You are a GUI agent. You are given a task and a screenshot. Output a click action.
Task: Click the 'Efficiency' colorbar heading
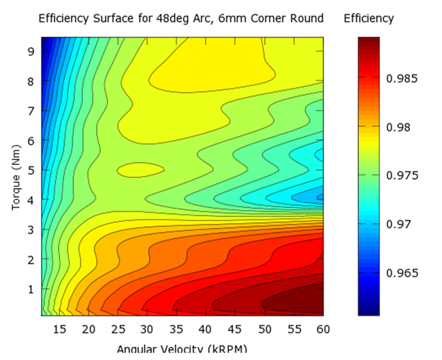[368, 18]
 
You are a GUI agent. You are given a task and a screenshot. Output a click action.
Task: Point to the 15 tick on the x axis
[60, 329]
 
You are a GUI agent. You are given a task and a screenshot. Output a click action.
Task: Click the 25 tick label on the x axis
[118, 329]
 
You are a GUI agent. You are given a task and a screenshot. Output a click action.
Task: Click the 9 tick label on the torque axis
[31, 50]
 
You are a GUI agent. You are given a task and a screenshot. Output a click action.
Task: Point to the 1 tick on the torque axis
[31, 288]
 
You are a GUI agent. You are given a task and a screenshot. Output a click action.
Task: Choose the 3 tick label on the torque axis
[31, 229]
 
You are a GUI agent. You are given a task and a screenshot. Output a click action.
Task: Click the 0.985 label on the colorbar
[401, 78]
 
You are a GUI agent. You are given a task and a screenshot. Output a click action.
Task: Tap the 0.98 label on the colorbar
[398, 127]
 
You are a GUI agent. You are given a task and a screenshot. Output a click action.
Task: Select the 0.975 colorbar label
[401, 175]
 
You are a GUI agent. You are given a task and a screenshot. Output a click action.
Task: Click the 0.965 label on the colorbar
[401, 273]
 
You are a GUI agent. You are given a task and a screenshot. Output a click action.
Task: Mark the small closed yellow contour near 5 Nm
[140, 167]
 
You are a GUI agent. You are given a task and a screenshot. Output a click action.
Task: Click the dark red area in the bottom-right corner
[300, 300]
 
